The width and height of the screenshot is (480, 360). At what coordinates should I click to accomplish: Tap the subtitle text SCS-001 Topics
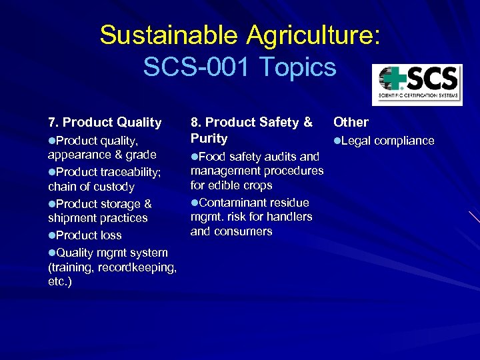point(239,67)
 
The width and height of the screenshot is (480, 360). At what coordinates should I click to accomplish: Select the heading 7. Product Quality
point(105,122)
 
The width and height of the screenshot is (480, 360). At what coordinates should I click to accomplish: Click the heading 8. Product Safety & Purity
point(251,130)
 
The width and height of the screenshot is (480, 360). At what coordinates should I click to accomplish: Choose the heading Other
point(351,122)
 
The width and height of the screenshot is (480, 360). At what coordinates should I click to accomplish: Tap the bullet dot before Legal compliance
point(337,141)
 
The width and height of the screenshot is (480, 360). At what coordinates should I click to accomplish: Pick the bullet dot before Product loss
point(52,235)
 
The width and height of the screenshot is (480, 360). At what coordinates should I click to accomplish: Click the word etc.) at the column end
point(60,282)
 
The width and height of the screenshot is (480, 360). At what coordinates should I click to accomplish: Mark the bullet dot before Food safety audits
point(195,157)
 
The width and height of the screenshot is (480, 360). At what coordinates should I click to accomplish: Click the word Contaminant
point(233,202)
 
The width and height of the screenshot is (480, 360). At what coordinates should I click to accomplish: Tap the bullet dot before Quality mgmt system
point(52,253)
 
